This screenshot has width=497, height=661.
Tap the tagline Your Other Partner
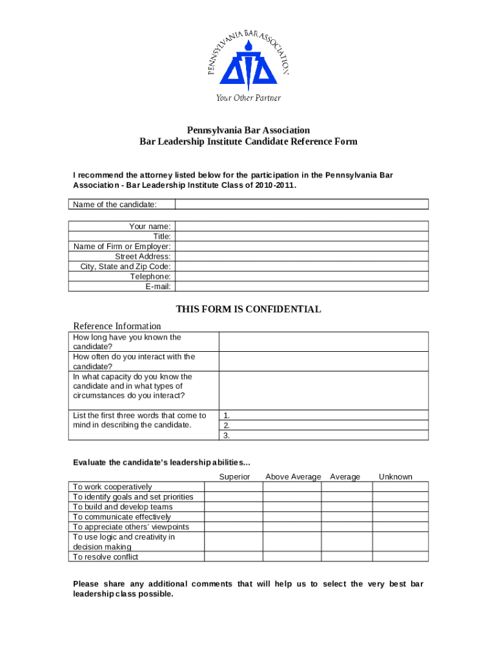(x=248, y=98)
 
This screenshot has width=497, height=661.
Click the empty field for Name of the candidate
(x=301, y=205)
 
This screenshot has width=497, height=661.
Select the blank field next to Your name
(x=301, y=226)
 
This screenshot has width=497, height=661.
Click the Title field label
(x=161, y=236)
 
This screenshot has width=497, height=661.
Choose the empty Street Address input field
(x=301, y=256)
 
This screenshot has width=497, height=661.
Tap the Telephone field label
(x=150, y=276)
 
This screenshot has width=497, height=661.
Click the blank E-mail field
(x=301, y=287)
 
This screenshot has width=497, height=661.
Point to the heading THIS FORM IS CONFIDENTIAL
(x=249, y=309)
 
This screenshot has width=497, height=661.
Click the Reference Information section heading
(x=117, y=326)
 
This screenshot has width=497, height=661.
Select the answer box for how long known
(x=323, y=341)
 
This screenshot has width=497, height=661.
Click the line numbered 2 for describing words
(x=323, y=425)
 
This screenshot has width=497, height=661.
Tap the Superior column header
(x=234, y=476)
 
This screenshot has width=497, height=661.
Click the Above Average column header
(x=292, y=476)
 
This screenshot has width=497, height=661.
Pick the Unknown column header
(x=395, y=476)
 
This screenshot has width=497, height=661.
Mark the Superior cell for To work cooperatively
(x=234, y=487)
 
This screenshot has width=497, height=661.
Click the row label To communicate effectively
(x=122, y=516)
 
